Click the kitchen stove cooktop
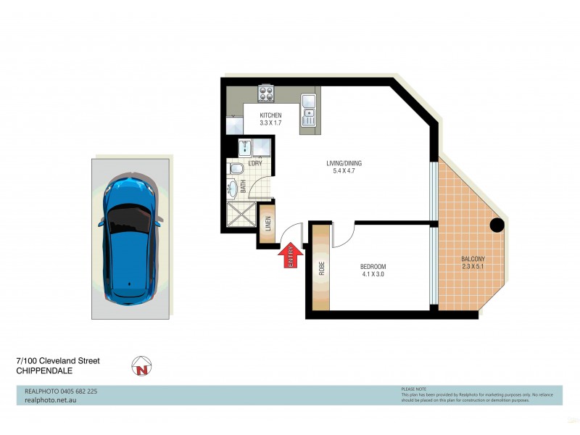[x=266, y=94]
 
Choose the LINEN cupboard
[x=267, y=225]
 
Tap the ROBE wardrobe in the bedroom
[x=320, y=268]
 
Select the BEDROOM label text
[x=373, y=267]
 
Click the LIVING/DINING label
[x=344, y=163]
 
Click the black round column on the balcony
[x=497, y=225]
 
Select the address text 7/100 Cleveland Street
[x=58, y=360]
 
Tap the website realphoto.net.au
[x=46, y=399]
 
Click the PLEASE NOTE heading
[x=414, y=389]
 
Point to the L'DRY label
[x=254, y=163]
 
